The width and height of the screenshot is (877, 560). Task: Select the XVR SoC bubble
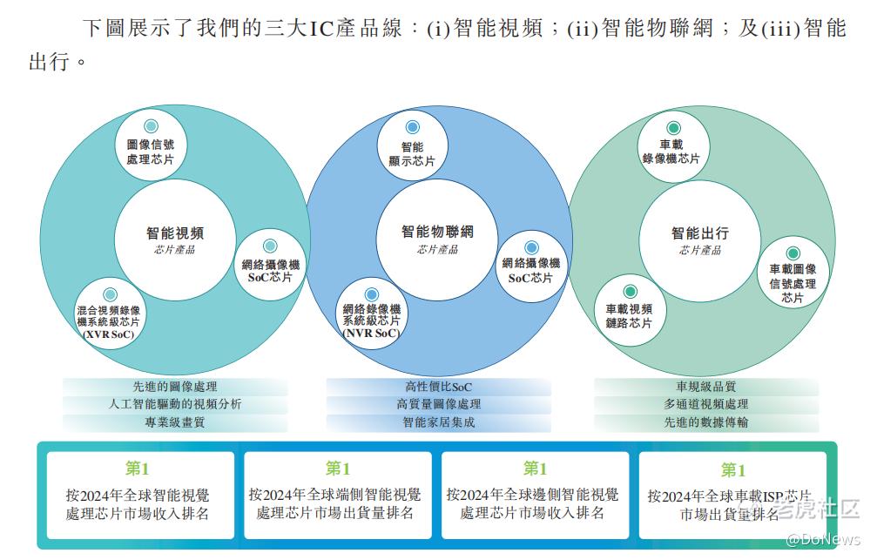pos(110,314)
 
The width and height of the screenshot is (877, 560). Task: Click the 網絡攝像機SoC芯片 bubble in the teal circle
pos(270,266)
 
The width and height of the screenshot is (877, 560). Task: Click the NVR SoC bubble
pos(372,314)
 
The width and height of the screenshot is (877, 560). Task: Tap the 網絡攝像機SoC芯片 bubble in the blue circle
pos(531,266)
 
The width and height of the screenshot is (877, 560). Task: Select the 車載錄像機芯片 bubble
pos(671,146)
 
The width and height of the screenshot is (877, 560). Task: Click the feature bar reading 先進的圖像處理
pos(175,386)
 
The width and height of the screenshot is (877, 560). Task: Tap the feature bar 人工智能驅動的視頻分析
pos(175,404)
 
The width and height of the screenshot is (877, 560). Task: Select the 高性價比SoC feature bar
pos(438,386)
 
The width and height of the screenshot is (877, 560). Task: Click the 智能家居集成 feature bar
pos(438,423)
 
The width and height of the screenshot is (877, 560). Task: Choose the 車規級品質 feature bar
pos(706,386)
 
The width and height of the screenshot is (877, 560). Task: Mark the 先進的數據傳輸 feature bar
pos(706,423)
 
